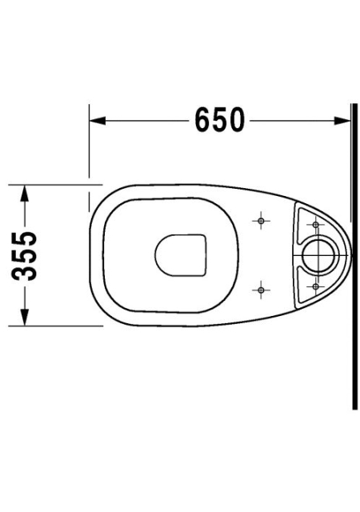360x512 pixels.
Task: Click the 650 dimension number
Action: click(219, 119)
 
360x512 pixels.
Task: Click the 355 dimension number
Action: click(24, 256)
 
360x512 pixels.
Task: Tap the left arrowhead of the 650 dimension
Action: click(98, 121)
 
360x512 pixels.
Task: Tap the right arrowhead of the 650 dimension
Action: click(342, 121)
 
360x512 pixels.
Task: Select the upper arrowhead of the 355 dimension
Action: click(24, 193)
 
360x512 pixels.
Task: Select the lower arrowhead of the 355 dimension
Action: click(24, 318)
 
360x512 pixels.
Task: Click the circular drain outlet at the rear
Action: click(318, 255)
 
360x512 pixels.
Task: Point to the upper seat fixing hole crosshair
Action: click(261, 221)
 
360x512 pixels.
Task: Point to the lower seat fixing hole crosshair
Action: click(261, 290)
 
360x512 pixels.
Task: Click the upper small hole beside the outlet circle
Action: click(315, 225)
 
